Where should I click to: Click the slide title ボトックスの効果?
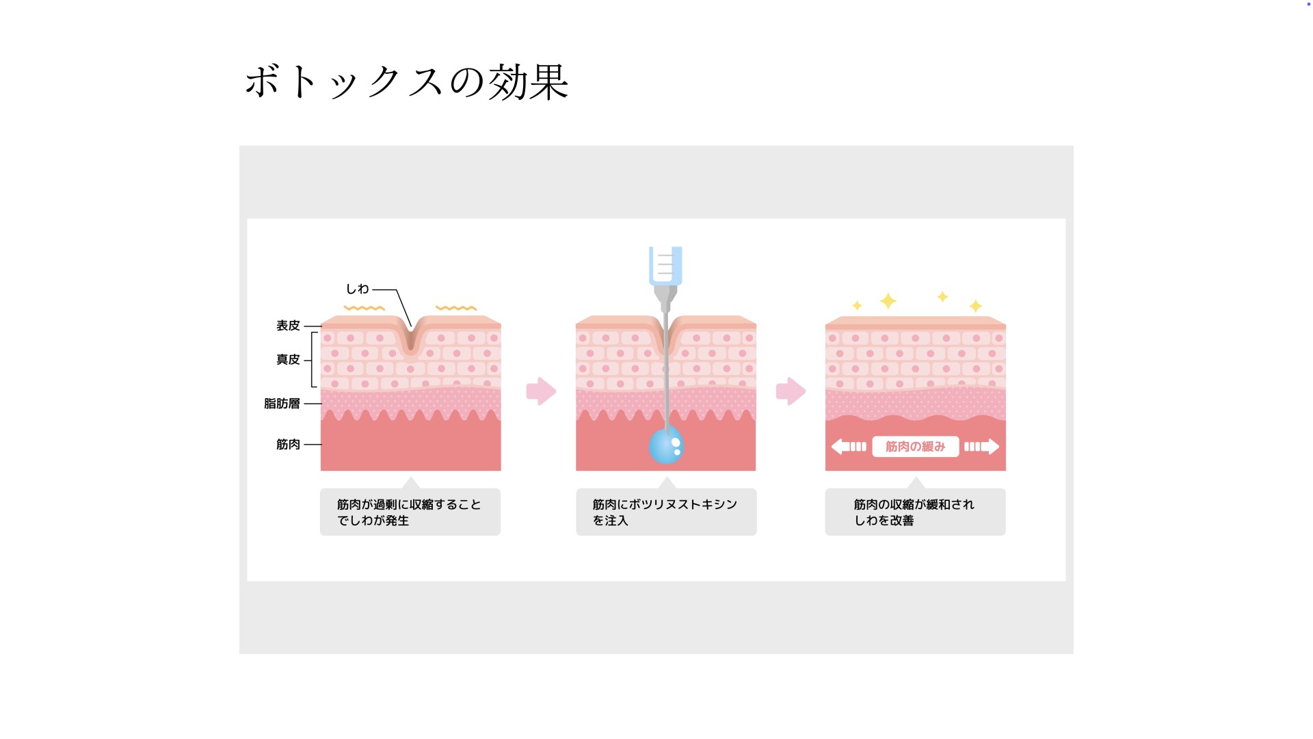point(407,82)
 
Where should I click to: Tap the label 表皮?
point(288,326)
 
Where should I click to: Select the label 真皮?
point(288,360)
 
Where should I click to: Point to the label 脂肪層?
point(282,404)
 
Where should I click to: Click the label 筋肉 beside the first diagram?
point(288,445)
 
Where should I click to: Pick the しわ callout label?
point(357,289)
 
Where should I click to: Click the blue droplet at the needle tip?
point(665,445)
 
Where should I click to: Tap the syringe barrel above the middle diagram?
point(665,265)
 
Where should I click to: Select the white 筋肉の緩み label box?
point(915,447)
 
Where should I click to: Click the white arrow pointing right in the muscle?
point(982,447)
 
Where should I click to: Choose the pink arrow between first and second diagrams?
point(541,391)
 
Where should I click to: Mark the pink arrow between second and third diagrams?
point(791,391)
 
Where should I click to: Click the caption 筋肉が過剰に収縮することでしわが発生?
point(410,513)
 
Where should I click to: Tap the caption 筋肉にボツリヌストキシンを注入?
point(665,513)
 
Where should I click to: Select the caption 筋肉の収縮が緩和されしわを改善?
point(915,513)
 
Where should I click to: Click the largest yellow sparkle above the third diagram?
point(888,301)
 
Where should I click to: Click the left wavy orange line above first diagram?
point(364,309)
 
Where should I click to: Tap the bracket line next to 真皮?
point(313,360)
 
